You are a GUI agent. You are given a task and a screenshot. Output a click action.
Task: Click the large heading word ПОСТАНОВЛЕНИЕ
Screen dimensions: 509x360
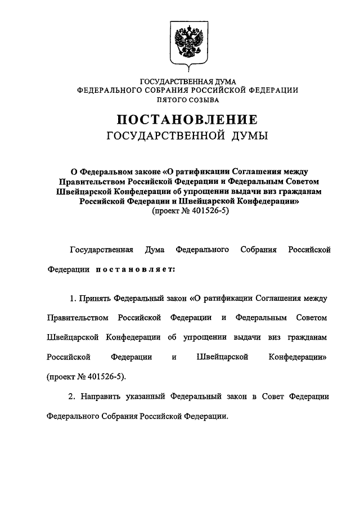tap(187, 120)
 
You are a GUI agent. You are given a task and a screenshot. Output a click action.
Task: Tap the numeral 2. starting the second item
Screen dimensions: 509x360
tap(73, 397)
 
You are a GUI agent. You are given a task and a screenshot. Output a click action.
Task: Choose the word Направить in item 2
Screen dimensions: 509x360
tap(100, 397)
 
